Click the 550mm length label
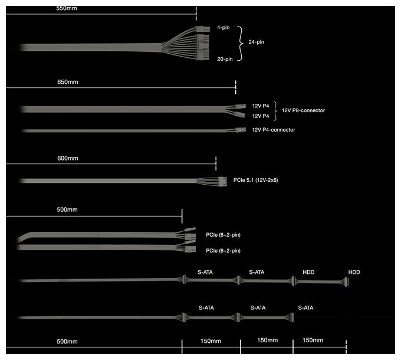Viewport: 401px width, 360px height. [x=67, y=8]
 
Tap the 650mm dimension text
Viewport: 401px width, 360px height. [x=67, y=82]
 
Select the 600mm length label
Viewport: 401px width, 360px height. [x=67, y=158]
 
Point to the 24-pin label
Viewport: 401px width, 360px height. [x=256, y=42]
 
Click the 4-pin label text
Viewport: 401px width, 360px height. [x=223, y=27]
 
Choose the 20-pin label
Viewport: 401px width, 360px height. [x=225, y=59]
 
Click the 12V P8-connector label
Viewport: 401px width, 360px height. [x=303, y=110]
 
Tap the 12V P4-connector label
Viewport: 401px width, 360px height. [x=274, y=130]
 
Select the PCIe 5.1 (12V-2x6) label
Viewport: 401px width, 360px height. [x=255, y=180]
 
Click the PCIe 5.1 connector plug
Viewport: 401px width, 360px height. [x=222, y=181]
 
